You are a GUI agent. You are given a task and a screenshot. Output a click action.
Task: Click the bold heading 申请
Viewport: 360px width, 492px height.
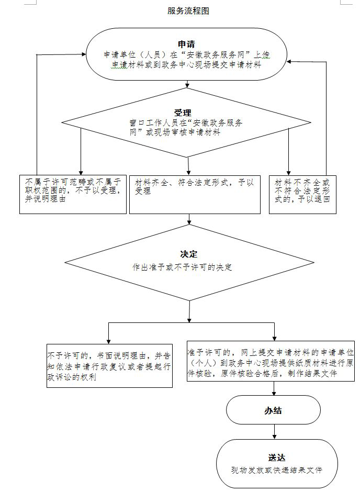pyautogui.click(x=186, y=43)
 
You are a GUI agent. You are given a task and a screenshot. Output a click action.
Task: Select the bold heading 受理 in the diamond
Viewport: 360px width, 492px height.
pyautogui.click(x=183, y=112)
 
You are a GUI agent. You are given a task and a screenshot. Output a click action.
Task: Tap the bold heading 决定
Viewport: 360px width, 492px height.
pyautogui.click(x=188, y=254)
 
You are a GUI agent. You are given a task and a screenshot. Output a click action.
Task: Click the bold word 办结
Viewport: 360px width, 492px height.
pyautogui.click(x=273, y=410)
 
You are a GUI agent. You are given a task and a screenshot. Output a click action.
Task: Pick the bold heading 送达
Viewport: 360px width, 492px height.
pyautogui.click(x=276, y=457)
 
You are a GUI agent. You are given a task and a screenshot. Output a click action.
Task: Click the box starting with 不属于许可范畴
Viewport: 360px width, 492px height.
pyautogui.click(x=73, y=194)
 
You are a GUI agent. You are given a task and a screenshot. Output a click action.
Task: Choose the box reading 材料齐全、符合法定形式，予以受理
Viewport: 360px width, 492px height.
pyautogui.click(x=195, y=194)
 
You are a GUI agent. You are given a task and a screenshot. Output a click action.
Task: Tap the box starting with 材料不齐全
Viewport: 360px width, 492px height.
pyautogui.click(x=302, y=194)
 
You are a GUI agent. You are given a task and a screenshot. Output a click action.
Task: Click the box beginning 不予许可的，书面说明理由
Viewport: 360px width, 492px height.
pyautogui.click(x=109, y=365)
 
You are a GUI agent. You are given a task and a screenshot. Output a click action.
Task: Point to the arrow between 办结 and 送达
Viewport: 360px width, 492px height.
pyautogui.click(x=274, y=432)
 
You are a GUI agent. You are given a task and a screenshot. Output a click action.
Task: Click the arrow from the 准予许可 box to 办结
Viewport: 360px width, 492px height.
pyautogui.click(x=274, y=388)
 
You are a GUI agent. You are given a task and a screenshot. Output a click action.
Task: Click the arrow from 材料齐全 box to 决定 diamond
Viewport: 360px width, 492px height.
pyautogui.click(x=188, y=219)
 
